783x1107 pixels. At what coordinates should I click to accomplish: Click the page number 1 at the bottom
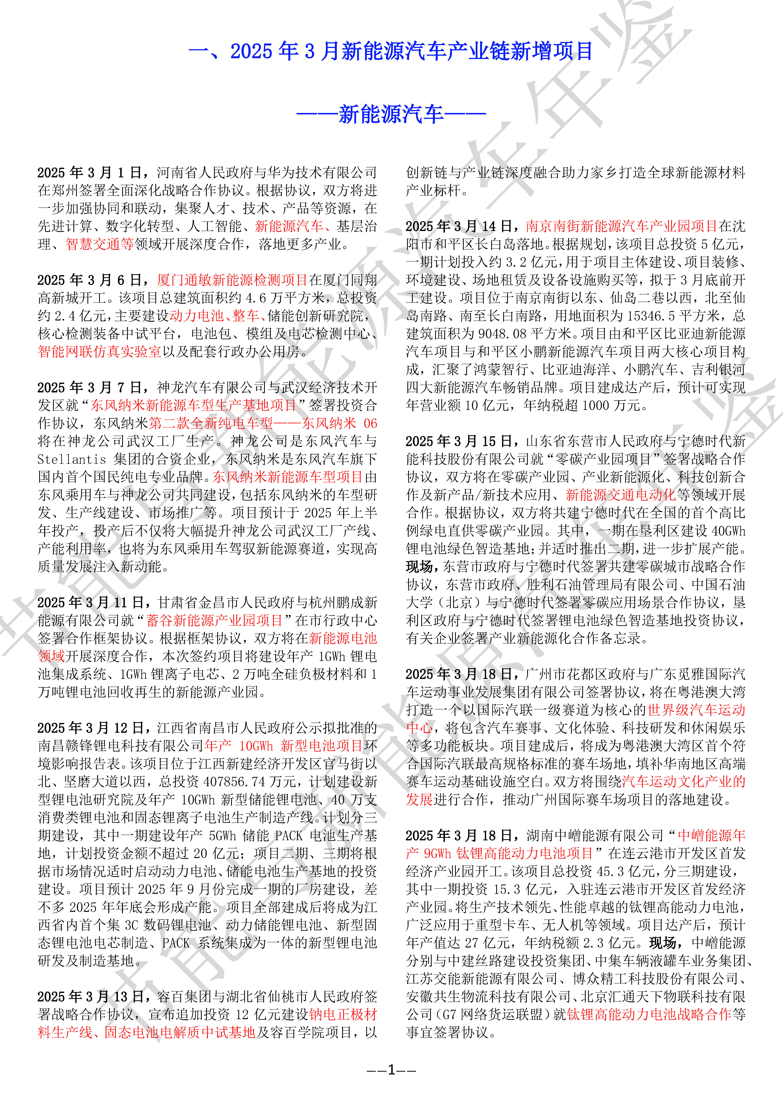click(391, 1070)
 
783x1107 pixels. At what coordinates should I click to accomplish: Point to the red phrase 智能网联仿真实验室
click(99, 352)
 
